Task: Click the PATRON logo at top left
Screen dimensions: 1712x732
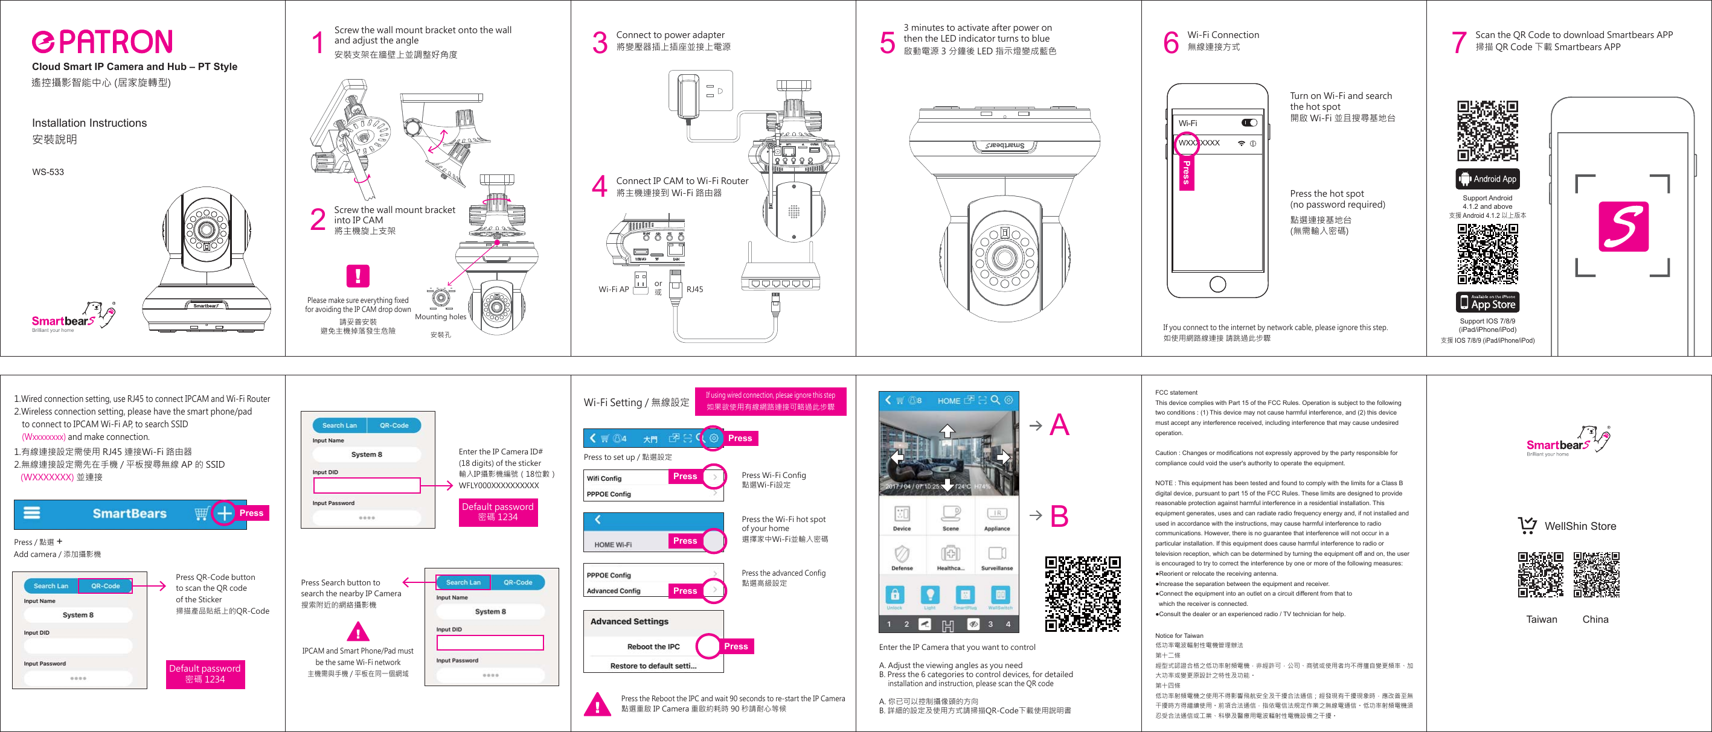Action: point(102,42)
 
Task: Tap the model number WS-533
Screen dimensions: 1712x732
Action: point(48,172)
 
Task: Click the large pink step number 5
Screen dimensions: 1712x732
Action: point(886,42)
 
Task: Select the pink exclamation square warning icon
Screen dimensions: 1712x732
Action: point(357,276)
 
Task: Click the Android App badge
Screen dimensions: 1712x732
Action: point(1487,179)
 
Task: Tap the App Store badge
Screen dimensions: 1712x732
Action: point(1487,302)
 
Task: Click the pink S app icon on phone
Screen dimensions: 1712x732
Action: point(1623,226)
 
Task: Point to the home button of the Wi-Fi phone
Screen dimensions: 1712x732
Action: point(1217,284)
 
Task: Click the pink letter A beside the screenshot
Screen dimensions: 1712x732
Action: point(1059,425)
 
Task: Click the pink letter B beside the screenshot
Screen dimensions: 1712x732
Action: point(1059,516)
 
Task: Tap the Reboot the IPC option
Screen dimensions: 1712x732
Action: point(653,646)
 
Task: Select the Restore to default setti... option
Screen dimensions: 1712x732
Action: point(653,666)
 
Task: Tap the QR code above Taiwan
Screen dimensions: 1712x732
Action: point(1540,574)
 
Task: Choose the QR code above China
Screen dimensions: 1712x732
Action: point(1595,574)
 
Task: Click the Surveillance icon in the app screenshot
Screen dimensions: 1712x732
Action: point(996,556)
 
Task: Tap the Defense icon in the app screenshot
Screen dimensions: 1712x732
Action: point(901,556)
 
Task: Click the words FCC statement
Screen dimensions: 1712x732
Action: point(1176,393)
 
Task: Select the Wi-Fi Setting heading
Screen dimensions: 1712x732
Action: point(635,403)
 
